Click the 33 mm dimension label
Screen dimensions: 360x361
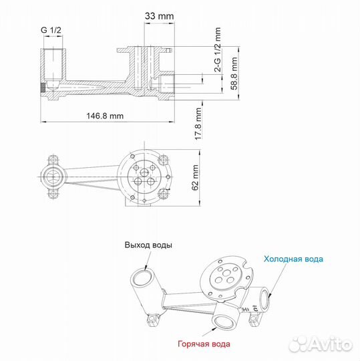pyautogui.click(x=158, y=15)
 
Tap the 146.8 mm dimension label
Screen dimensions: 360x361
pyautogui.click(x=105, y=115)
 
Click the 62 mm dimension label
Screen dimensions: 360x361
pyautogui.click(x=195, y=177)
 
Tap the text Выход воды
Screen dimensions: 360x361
pyautogui.click(x=148, y=245)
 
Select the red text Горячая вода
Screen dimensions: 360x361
pyautogui.click(x=204, y=344)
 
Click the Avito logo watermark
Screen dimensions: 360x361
pyautogui.click(x=319, y=343)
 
